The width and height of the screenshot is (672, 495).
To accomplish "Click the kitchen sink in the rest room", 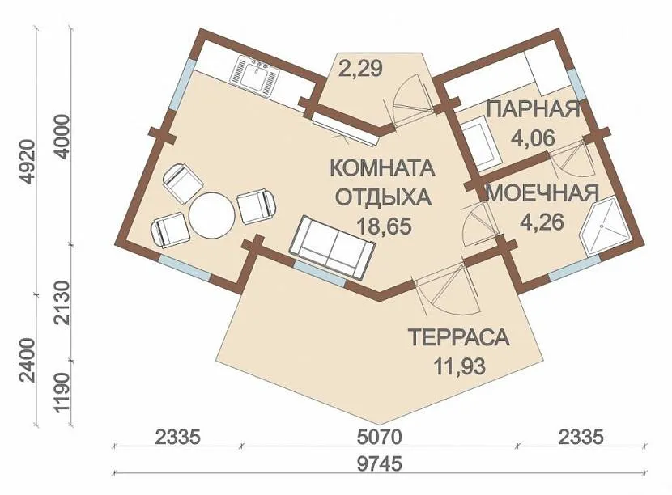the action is coord(254,76).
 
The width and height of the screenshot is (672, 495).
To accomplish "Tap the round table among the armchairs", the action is coord(212,216).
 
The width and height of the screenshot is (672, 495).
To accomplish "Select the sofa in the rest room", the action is coord(332,243).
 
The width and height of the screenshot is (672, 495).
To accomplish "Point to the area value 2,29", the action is coord(360,69).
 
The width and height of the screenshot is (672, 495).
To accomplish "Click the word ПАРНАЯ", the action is coord(534,109).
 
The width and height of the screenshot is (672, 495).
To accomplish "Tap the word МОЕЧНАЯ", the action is coord(543,193).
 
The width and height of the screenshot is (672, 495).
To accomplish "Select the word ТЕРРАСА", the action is coord(458,337).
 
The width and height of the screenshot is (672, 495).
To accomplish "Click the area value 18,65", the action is coord(384,226).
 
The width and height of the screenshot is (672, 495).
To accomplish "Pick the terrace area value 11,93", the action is coord(459,366).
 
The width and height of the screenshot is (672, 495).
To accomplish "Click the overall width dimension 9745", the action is coord(380,463).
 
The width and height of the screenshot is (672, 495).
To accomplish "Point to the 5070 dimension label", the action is coord(380,438).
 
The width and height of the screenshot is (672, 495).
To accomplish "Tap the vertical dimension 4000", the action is coord(62,136).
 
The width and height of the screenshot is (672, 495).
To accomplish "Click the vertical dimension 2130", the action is coord(62,303).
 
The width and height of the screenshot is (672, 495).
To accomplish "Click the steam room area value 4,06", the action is coord(533,137).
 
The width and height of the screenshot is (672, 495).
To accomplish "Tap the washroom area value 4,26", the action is coord(542,222).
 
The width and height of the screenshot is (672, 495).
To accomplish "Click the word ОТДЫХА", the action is coord(383,197).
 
